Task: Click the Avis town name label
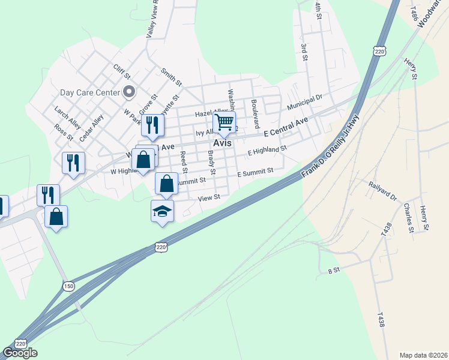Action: [224, 145]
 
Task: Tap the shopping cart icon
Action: [224, 122]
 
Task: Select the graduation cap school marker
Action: [162, 211]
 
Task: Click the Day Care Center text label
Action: [90, 92]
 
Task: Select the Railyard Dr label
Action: [383, 191]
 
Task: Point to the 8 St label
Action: [334, 271]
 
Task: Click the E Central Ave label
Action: [286, 127]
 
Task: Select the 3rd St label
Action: [305, 52]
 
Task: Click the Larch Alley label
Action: [67, 117]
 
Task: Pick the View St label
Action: [209, 197]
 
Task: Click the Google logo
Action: [20, 353]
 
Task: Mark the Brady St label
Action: [211, 160]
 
